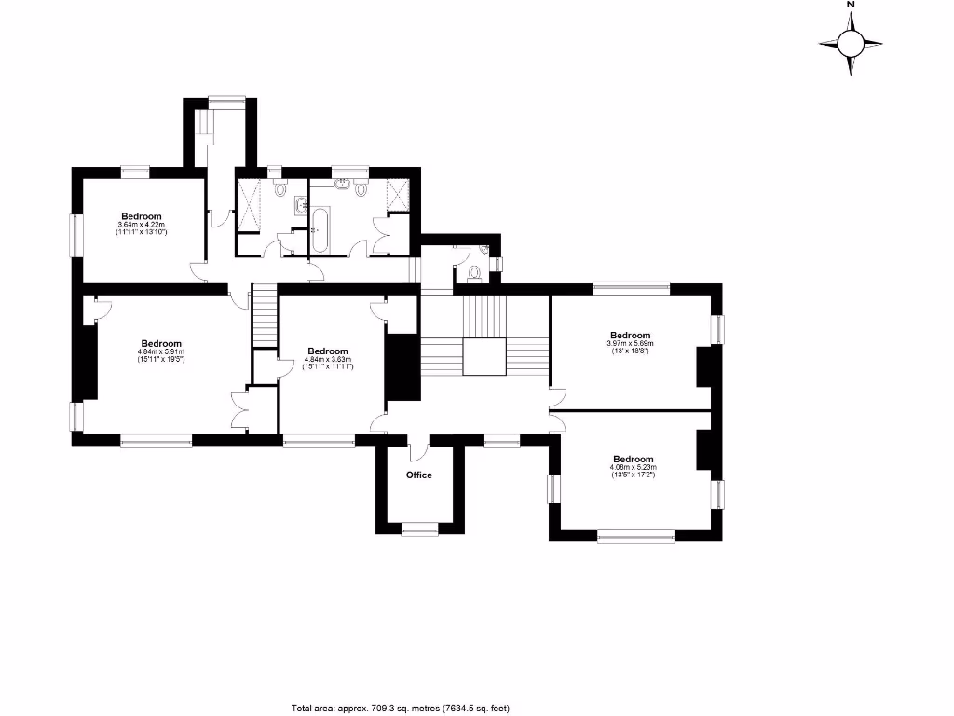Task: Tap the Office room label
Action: (x=419, y=475)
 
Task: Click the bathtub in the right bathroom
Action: (x=320, y=229)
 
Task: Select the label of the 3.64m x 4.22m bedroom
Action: (x=142, y=216)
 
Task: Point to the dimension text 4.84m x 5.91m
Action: (x=160, y=351)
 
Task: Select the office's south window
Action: (x=419, y=529)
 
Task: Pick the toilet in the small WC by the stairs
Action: (x=475, y=272)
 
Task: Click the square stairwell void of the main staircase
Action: (x=484, y=357)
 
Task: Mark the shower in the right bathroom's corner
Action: (x=398, y=195)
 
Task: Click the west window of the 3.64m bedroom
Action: (x=77, y=234)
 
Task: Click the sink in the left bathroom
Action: (x=299, y=205)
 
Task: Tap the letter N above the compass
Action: (x=851, y=5)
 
